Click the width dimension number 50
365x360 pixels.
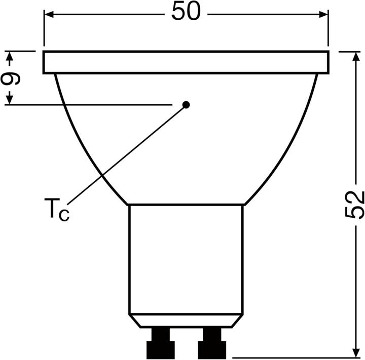pyautogui.click(x=186, y=12)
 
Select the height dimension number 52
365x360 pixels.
pyautogui.click(x=354, y=204)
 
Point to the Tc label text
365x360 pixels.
pyautogui.click(x=56, y=209)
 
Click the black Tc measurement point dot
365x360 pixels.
pyautogui.click(x=186, y=105)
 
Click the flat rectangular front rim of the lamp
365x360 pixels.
pyautogui.click(x=186, y=62)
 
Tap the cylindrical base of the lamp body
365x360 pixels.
pyautogui.click(x=186, y=258)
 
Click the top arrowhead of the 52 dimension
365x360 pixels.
pyautogui.click(x=354, y=56)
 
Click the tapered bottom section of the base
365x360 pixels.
pyautogui.click(x=186, y=320)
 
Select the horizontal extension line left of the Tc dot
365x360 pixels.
pyautogui.click(x=91, y=105)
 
